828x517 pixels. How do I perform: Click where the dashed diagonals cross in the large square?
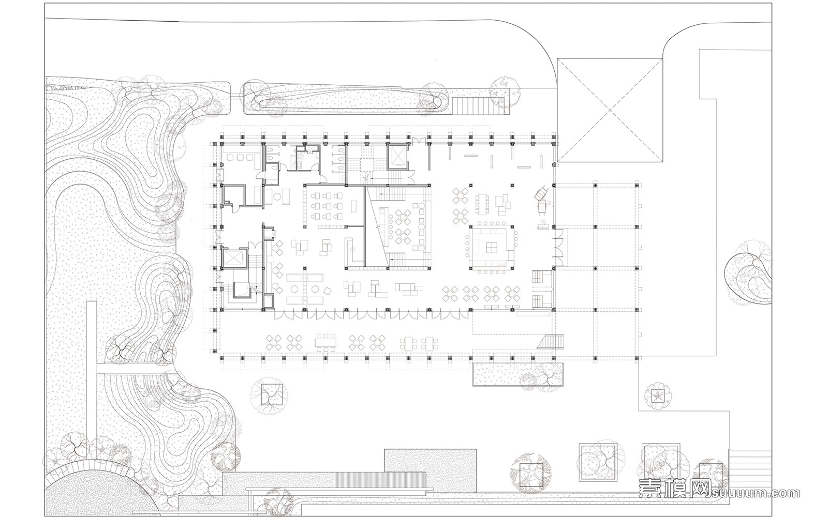pos(610,110)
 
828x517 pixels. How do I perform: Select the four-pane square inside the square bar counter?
pos(491,248)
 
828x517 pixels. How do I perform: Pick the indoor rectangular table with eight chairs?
pos(482,204)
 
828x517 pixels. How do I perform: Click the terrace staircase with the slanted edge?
pos(551,341)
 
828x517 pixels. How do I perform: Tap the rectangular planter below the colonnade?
pos(518,374)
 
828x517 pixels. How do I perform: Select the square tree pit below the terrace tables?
pos(272,394)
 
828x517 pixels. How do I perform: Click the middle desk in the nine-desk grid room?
pos(327,206)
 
